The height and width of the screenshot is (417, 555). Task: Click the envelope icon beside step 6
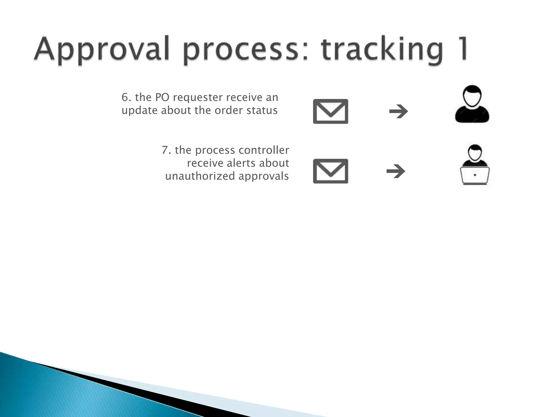click(330, 111)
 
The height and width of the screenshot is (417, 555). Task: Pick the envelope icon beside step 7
click(330, 171)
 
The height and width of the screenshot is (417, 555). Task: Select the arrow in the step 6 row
click(398, 111)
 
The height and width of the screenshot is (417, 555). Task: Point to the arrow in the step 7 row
click(396, 171)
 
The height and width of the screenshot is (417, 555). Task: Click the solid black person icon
click(472, 105)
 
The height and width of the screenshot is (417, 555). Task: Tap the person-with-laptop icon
click(475, 165)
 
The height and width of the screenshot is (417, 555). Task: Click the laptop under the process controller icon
click(475, 176)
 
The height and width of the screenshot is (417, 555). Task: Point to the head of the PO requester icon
click(472, 95)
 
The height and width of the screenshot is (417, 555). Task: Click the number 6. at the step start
click(126, 97)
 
